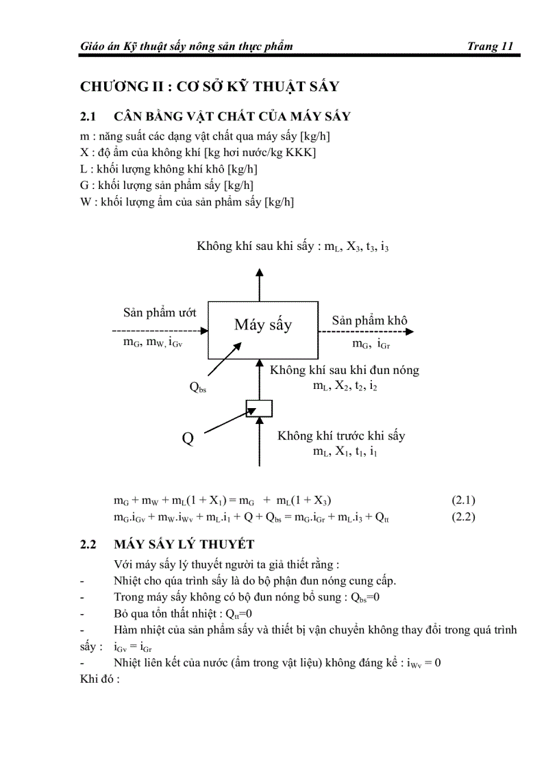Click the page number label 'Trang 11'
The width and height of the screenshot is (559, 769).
pyautogui.click(x=489, y=47)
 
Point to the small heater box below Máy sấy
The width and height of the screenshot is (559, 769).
pyautogui.click(x=259, y=409)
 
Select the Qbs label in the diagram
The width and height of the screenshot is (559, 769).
pyautogui.click(x=198, y=388)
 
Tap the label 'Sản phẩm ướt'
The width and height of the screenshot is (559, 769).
pyautogui.click(x=160, y=312)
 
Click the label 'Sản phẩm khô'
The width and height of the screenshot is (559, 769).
pyautogui.click(x=370, y=320)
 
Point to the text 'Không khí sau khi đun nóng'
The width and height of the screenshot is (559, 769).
pyautogui.click(x=345, y=370)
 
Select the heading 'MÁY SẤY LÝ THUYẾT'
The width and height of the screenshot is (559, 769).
pyautogui.click(x=175, y=545)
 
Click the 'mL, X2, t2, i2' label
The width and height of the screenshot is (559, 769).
pyautogui.click(x=345, y=386)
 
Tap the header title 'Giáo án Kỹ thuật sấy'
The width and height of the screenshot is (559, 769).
pyautogui.click(x=186, y=47)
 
